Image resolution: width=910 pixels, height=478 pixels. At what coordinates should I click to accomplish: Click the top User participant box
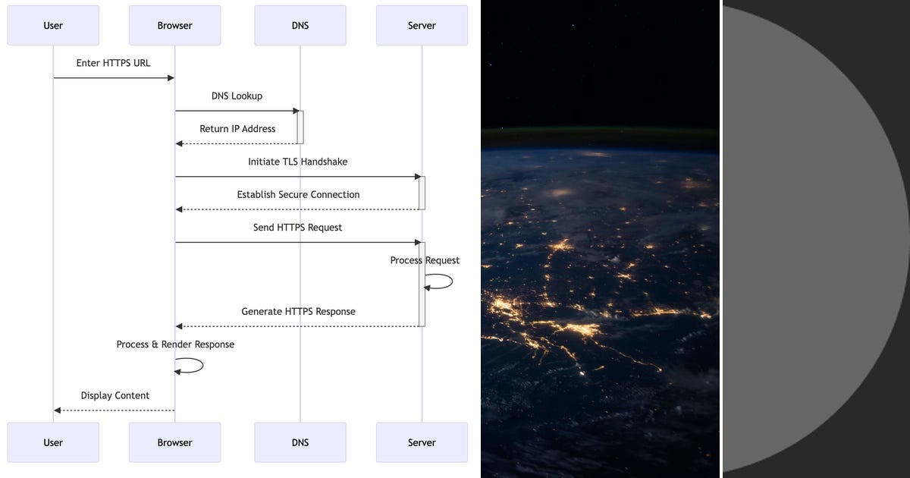53,25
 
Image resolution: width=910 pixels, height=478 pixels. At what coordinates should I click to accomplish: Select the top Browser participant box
174,25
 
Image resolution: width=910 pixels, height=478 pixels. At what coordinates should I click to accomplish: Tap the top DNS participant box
300,25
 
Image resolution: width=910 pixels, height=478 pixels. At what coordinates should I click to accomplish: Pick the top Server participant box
422,25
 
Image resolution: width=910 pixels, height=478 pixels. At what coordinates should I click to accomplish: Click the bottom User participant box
53,442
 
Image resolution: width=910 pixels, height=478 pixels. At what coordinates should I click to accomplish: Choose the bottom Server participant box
422,442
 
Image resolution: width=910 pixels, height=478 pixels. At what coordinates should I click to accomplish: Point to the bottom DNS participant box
300,442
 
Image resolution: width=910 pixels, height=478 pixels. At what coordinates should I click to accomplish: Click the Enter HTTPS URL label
113,63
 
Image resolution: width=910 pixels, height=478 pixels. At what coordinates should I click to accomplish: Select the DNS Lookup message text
237,96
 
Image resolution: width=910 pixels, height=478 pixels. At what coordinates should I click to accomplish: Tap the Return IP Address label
237,129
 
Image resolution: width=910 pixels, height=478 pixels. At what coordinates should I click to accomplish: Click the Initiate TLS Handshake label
298,162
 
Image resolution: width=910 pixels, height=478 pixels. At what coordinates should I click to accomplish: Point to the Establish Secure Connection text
298,195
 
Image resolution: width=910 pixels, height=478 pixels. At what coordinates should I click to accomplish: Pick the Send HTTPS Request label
297,228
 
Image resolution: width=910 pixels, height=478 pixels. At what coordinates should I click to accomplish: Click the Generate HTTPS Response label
298,311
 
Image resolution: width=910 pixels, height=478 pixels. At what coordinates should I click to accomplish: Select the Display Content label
115,395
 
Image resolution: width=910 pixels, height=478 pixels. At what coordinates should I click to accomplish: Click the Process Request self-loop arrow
452,281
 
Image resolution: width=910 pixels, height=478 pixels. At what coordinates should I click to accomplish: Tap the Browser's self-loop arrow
202,366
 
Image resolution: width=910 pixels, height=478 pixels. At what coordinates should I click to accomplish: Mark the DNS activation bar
300,127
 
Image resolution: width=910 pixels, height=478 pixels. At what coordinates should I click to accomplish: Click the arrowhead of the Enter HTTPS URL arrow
171,77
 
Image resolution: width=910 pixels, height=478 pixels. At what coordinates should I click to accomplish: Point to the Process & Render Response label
175,344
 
